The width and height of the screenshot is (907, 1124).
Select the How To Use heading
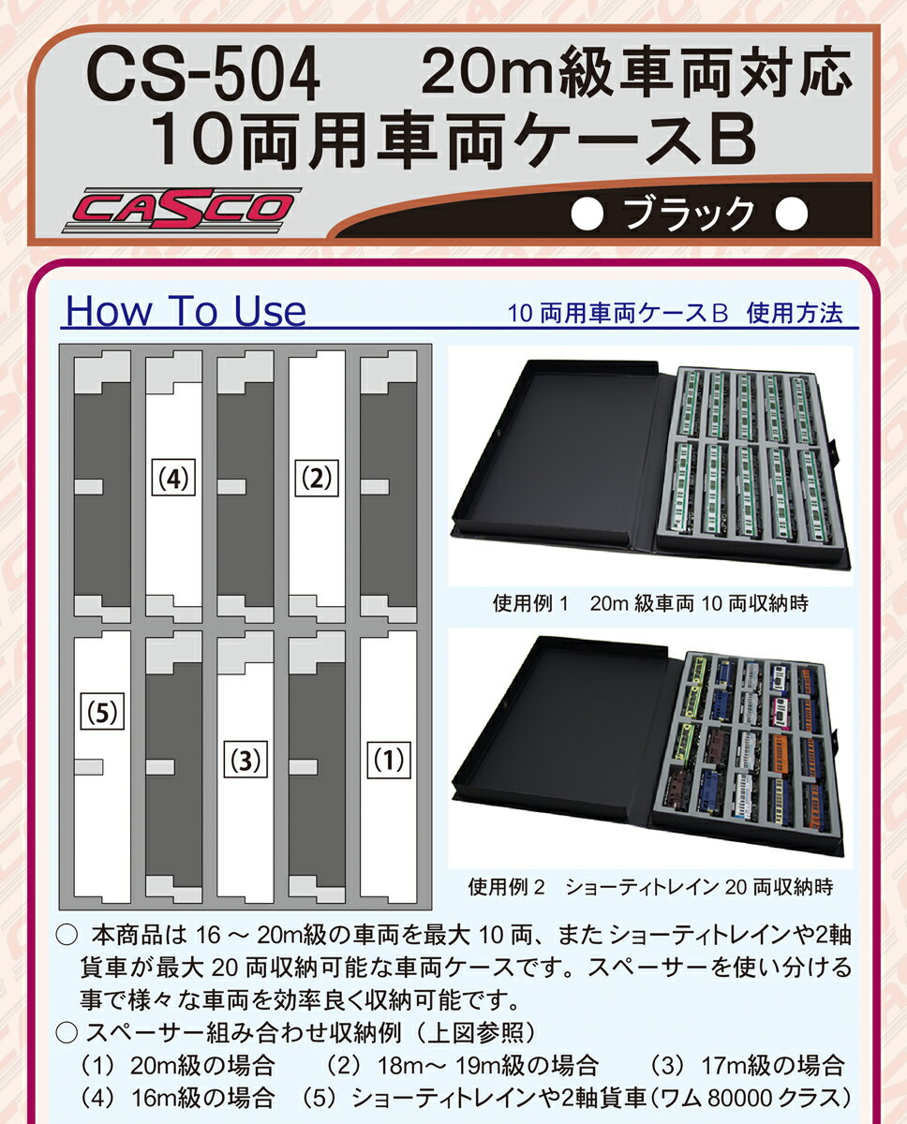click(x=185, y=311)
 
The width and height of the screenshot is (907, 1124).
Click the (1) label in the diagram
click(x=387, y=759)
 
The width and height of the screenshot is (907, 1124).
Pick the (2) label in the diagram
click(x=316, y=479)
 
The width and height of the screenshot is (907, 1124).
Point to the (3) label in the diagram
click(x=245, y=759)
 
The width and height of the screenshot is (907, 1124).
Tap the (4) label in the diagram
click(x=173, y=479)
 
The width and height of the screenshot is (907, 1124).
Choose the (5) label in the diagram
click(x=101, y=714)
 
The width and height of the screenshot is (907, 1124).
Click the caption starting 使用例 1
click(x=649, y=604)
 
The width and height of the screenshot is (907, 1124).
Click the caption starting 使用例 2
click(x=649, y=885)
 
